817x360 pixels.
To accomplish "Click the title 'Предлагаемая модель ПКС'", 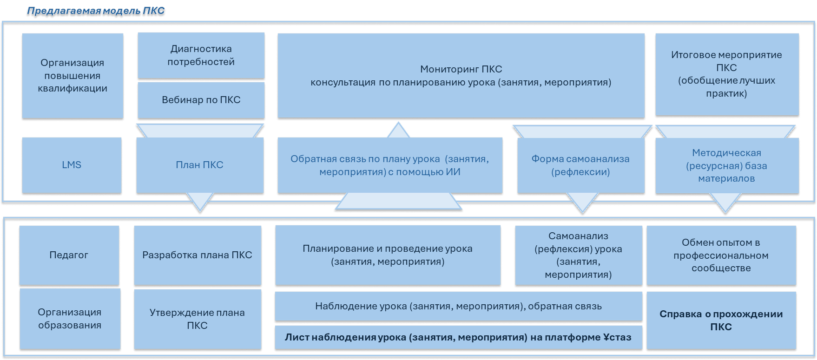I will click(x=96, y=11).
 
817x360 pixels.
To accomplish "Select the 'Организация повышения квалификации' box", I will click(x=72, y=75).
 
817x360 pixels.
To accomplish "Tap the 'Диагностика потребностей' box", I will click(x=201, y=55).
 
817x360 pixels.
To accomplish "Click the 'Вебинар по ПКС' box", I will click(x=201, y=100).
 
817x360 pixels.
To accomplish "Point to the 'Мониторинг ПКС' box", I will click(x=461, y=75).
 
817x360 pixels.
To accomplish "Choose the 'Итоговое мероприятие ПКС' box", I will click(x=726, y=74).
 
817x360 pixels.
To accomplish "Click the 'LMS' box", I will click(x=72, y=165).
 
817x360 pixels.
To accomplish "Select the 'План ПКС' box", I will click(x=199, y=165).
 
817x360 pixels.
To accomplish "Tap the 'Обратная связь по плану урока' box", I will click(x=389, y=165).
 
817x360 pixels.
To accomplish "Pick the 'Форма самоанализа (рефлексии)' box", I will click(x=580, y=165).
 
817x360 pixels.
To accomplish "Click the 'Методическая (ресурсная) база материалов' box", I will click(x=726, y=165).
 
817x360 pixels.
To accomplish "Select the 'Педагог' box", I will click(x=69, y=255).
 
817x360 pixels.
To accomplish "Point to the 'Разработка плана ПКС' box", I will click(x=197, y=255).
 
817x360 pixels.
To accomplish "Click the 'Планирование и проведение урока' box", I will click(x=388, y=255).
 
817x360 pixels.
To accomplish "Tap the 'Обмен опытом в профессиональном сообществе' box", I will click(x=721, y=255).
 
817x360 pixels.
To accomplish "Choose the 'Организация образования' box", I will click(x=70, y=319).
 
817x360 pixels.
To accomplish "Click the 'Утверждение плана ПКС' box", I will click(x=197, y=319).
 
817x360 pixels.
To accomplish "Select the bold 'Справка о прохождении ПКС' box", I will click(x=721, y=320).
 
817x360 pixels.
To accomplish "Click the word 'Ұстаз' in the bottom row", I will click(x=616, y=337).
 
